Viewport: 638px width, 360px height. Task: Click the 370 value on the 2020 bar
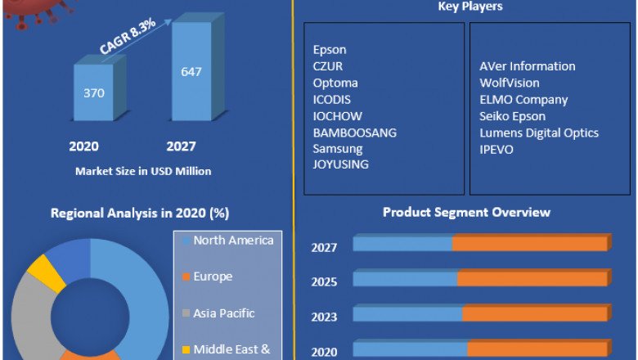(x=94, y=92)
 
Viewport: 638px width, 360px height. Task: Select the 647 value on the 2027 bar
(x=191, y=71)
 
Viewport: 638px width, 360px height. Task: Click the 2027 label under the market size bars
(x=181, y=146)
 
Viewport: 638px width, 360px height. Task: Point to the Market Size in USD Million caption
(x=143, y=171)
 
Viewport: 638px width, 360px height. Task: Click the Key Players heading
(x=470, y=7)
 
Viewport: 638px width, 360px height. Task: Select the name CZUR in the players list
(x=329, y=66)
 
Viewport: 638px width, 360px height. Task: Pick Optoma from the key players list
(x=335, y=83)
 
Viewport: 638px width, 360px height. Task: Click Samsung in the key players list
(x=337, y=148)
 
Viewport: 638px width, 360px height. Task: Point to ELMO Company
(x=523, y=100)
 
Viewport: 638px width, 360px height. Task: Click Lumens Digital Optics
(x=539, y=133)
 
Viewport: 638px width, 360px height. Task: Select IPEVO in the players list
(x=496, y=150)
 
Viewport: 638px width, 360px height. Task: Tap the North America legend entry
(x=233, y=241)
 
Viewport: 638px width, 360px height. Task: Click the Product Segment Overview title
(x=466, y=213)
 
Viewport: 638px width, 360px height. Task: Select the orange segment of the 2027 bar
(x=529, y=244)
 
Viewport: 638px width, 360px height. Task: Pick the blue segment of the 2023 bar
(x=407, y=314)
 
